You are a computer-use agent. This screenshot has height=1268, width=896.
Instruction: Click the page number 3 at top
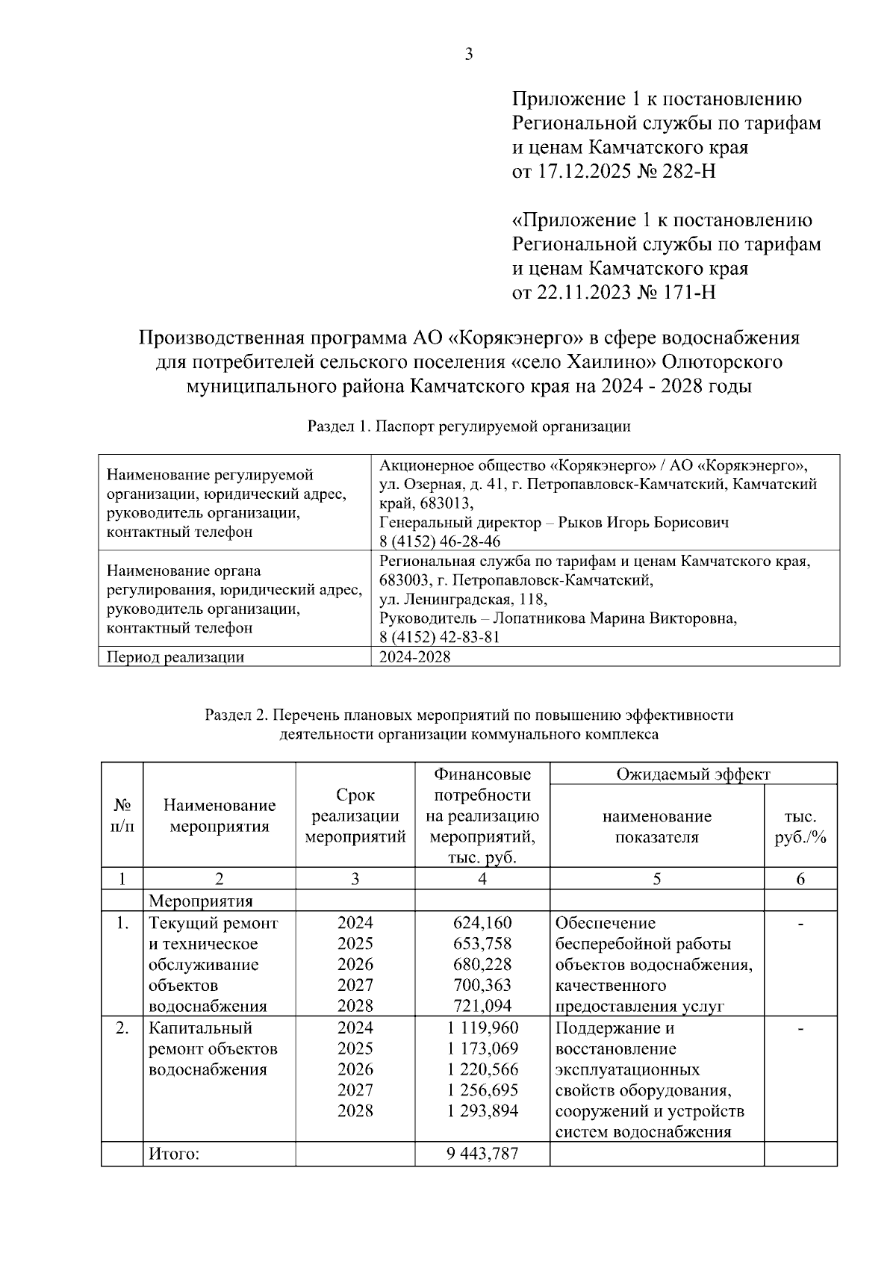point(468,54)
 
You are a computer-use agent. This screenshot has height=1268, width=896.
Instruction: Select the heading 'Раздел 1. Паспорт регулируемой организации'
point(469,426)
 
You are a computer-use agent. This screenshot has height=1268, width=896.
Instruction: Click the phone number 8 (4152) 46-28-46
point(440,541)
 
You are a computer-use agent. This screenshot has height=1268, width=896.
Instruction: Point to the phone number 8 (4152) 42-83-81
point(440,637)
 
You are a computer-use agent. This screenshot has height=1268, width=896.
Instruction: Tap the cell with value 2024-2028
point(415,657)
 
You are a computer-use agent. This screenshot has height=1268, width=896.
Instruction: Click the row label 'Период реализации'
point(175,657)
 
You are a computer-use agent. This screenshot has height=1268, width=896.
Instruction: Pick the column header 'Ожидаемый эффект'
point(692,774)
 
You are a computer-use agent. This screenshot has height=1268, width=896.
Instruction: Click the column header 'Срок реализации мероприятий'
point(355,815)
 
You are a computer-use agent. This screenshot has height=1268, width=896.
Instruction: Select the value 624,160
point(482,923)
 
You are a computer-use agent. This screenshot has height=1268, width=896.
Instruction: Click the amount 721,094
point(482,1006)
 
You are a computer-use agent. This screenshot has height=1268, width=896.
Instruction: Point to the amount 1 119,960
point(482,1028)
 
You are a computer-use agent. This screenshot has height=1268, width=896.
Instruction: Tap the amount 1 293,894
point(482,1110)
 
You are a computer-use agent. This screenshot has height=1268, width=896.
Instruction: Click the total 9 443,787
point(482,1154)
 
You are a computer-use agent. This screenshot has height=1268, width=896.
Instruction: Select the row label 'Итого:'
point(174,1154)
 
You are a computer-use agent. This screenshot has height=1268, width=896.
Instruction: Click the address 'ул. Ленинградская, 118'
point(463,599)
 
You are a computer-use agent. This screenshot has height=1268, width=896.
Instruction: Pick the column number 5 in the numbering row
point(656,879)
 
